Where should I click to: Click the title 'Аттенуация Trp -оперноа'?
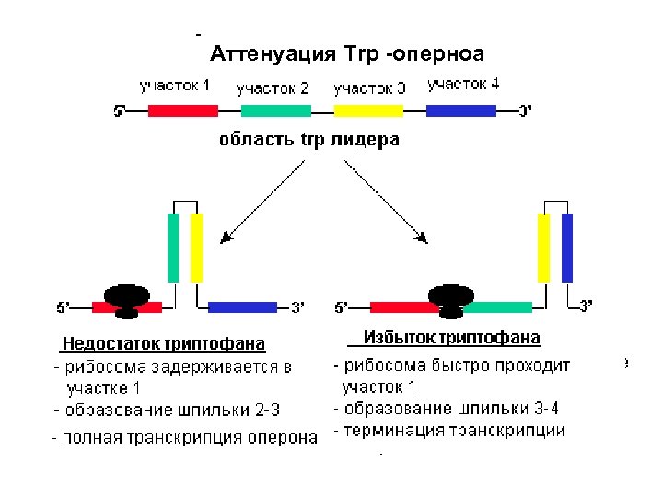(x=347, y=52)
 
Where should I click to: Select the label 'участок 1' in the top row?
(x=175, y=87)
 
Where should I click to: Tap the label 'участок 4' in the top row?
(x=463, y=85)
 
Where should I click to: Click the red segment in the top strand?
(x=183, y=110)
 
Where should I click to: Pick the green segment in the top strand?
(x=276, y=110)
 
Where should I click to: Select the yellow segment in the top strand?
(x=368, y=110)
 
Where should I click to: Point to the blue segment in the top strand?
(x=461, y=110)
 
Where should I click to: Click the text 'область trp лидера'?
(x=309, y=141)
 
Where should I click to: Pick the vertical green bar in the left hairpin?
(x=173, y=248)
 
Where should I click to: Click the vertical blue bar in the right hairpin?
(x=567, y=248)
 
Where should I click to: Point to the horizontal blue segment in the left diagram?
(x=243, y=306)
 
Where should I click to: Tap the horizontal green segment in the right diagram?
(x=502, y=306)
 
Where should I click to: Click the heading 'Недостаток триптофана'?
(x=163, y=344)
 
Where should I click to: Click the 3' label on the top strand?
(x=526, y=111)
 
